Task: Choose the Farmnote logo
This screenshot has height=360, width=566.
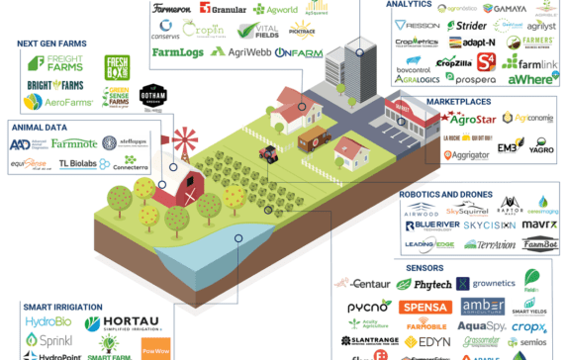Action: click(74, 144)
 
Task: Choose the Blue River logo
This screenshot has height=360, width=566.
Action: click(432, 225)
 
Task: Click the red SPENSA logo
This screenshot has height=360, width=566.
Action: click(424, 307)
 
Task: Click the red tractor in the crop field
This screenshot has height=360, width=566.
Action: click(266, 153)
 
